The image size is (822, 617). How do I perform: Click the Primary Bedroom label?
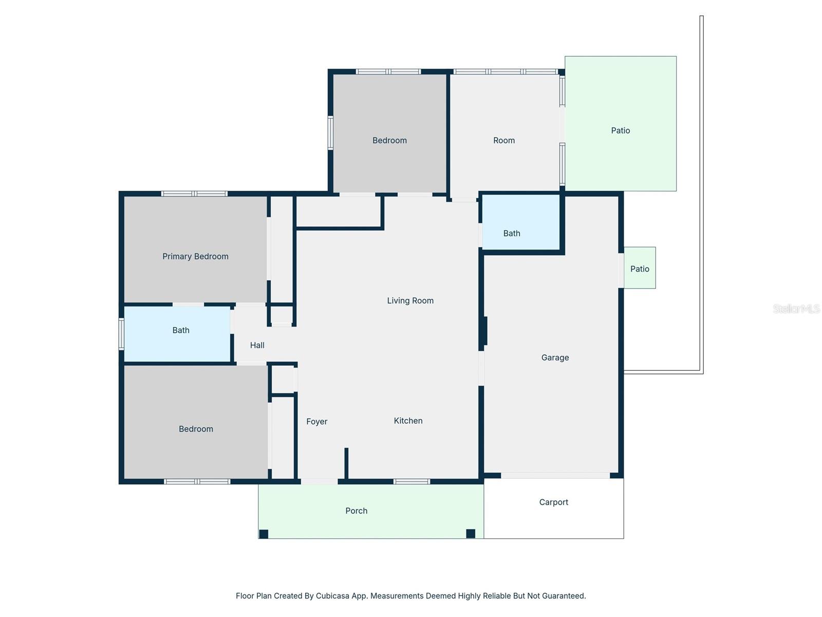coord(195,256)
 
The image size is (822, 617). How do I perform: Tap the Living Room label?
coord(410,301)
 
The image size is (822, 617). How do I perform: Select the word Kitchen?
coord(408,421)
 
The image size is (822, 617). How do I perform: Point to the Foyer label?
coord(316,422)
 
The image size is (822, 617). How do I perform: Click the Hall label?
coord(257,346)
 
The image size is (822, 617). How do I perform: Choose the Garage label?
coord(555,358)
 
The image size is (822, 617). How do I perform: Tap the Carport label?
coord(553,502)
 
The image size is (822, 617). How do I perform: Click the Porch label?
coord(356,511)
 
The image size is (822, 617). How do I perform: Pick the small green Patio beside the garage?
coord(640,268)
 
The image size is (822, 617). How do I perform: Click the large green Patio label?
coord(620,131)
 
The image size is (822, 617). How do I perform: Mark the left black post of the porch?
coord(264,534)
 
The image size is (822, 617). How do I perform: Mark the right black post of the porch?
coord(471,534)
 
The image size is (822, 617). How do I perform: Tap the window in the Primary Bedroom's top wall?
coord(194,194)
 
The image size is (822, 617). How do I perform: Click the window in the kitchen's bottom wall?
coord(412,482)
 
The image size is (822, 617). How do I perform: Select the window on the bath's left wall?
coord(122,334)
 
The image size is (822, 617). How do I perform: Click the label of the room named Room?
coord(503,140)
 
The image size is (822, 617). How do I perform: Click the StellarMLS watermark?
coord(796,308)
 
